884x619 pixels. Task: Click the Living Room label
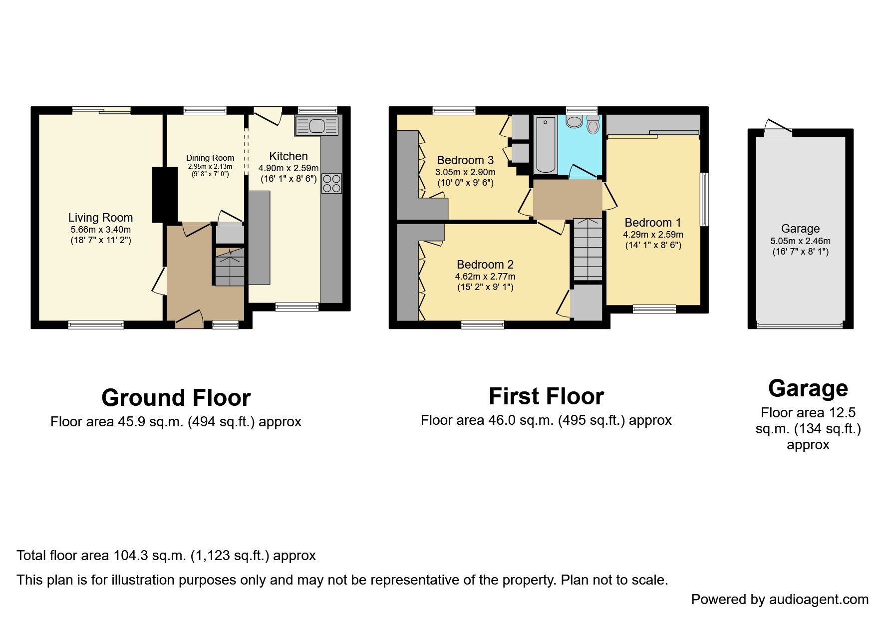100,218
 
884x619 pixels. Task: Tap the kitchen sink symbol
316,126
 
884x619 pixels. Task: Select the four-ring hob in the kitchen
332,183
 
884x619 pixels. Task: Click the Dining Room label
210,158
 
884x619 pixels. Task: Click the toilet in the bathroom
592,124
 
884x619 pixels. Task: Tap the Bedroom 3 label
465,160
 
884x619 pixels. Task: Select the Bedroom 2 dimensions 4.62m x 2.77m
485,277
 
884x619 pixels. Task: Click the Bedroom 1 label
652,223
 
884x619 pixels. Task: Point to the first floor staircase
588,250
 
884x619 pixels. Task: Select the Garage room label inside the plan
800,229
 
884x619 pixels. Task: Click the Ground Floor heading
176,398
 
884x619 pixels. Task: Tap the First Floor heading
546,396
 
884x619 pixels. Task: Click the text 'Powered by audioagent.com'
780,599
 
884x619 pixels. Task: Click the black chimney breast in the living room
164,195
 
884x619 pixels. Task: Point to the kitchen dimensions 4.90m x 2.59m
288,168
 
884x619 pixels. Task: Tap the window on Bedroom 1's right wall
704,199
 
